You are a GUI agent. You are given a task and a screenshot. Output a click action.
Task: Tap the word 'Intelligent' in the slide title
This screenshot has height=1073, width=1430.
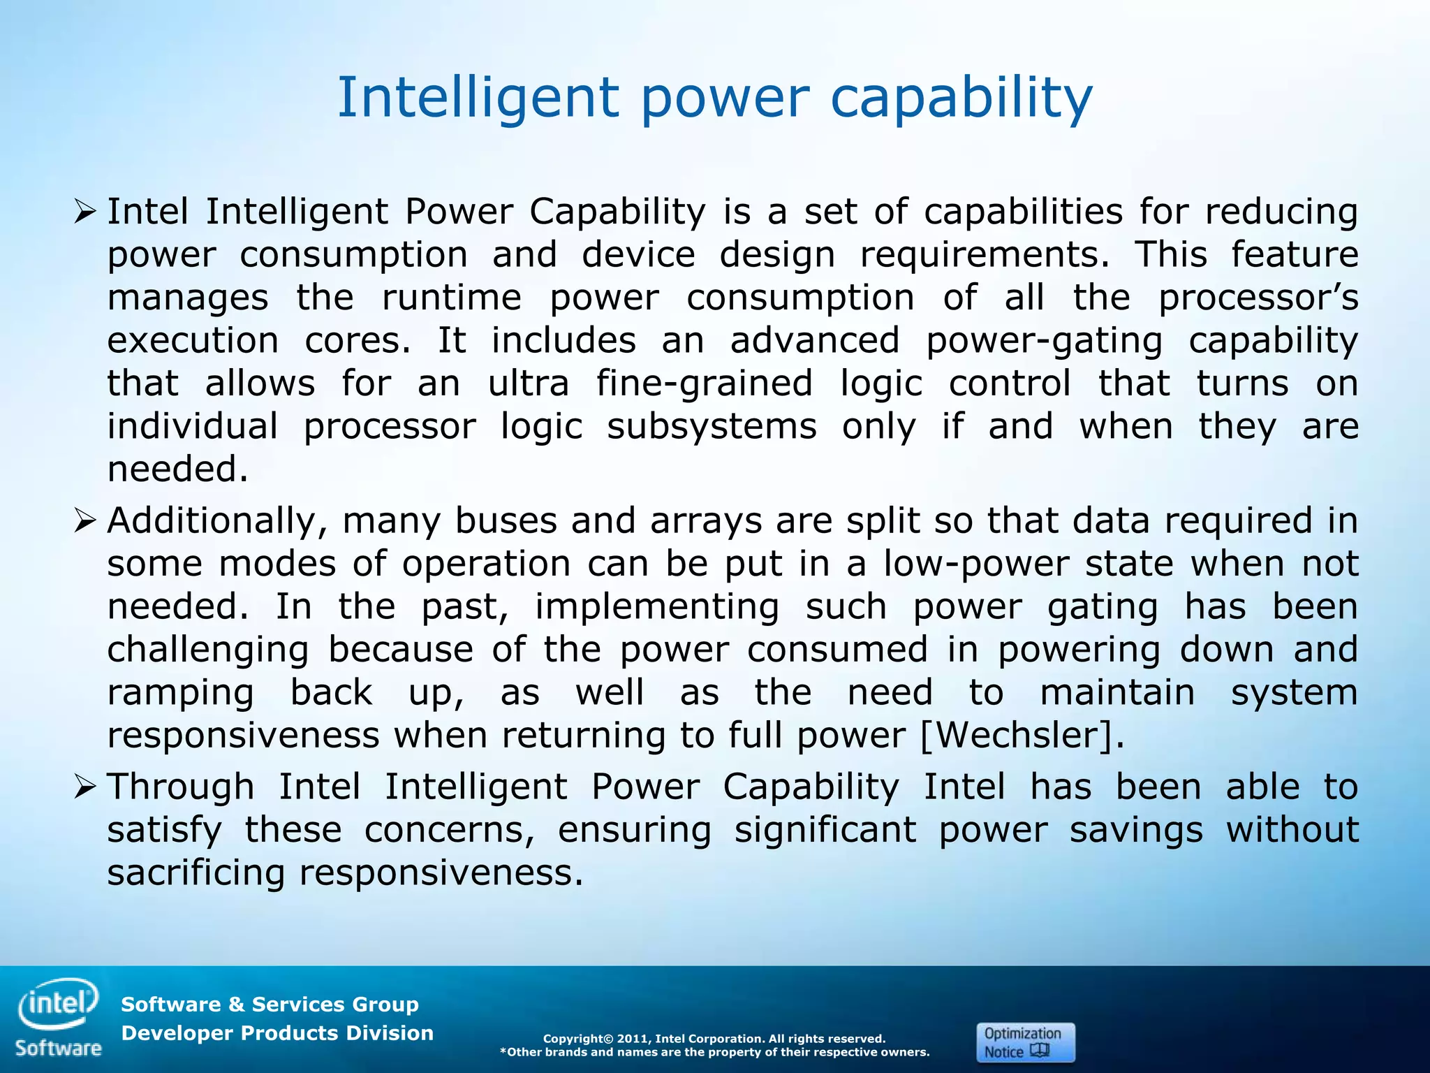pos(478,98)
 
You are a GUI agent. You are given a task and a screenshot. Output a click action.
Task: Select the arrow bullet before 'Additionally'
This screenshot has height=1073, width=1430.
pos(84,520)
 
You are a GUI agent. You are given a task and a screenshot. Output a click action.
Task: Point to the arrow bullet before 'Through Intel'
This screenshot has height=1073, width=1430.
pos(84,787)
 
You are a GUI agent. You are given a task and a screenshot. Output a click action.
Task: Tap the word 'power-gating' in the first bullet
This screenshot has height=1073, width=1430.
pos(1044,342)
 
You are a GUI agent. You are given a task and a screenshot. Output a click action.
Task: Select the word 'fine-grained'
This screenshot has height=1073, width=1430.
pos(705,384)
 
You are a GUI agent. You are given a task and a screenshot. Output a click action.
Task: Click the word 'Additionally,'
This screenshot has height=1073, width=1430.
pos(217,521)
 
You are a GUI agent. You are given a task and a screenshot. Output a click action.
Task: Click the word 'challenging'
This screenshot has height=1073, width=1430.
pos(207,650)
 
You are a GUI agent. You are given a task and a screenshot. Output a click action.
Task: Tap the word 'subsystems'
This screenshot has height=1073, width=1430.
pos(712,427)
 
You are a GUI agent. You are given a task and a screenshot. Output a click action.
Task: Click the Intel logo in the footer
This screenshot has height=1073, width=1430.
pos(59,1003)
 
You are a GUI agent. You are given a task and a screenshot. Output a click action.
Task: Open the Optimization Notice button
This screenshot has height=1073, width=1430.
pos(1024,1042)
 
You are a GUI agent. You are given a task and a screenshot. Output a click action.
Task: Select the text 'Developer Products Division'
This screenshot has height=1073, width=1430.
pos(277,1033)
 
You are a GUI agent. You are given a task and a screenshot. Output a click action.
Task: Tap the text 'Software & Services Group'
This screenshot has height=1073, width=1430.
pos(270,1005)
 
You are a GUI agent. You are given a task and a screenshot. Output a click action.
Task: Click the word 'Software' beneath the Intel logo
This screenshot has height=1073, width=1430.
pos(59,1048)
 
